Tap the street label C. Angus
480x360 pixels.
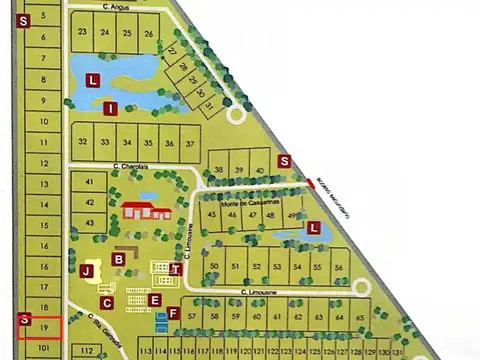(116, 7)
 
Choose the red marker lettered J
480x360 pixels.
(87, 271)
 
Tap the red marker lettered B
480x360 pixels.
(119, 259)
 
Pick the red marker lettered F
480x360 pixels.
(173, 313)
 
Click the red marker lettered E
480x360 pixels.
(154, 299)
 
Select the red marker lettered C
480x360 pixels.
(107, 301)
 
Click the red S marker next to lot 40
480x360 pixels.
(284, 160)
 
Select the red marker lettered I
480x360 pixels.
(111, 108)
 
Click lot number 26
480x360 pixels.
(148, 33)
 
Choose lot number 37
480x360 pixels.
(190, 143)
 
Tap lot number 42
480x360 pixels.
(90, 201)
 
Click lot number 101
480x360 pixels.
(43, 348)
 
